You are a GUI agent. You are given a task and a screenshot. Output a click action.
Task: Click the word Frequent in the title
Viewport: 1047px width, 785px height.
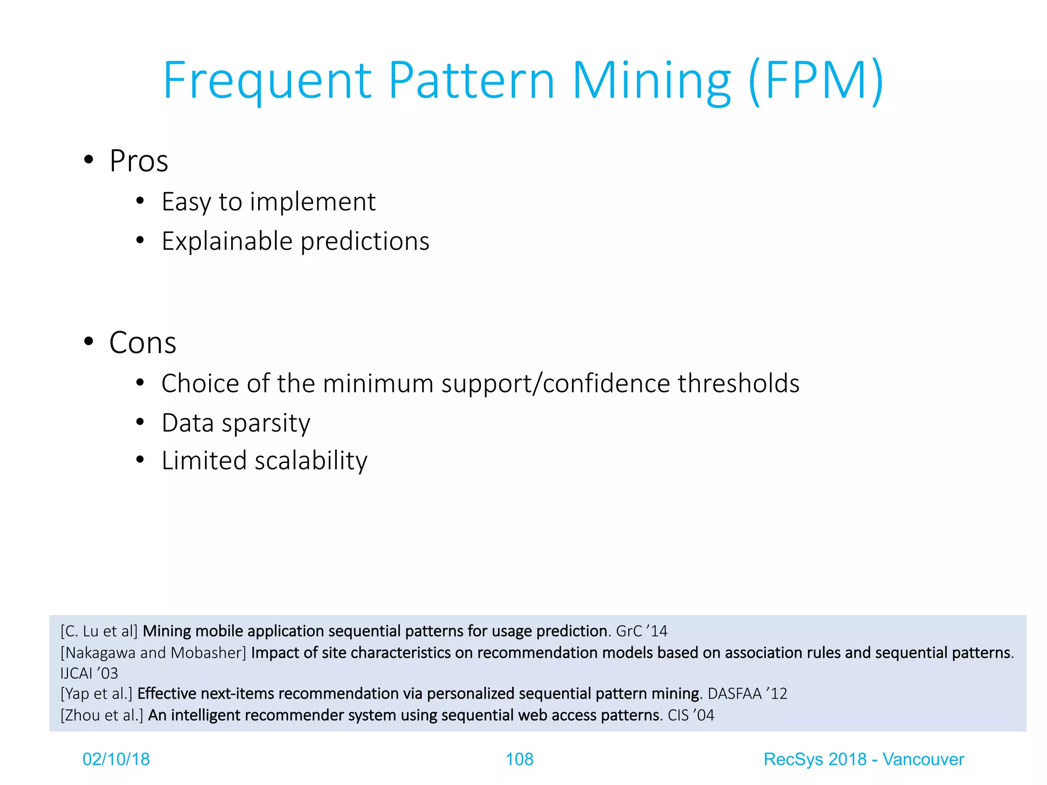click(x=267, y=81)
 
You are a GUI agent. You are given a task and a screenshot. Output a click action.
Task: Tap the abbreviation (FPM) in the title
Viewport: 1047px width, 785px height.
click(x=816, y=81)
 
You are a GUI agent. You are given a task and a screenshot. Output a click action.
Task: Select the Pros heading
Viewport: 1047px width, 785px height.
click(x=139, y=161)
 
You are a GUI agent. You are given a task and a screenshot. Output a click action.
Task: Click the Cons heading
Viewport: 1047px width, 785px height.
click(x=143, y=342)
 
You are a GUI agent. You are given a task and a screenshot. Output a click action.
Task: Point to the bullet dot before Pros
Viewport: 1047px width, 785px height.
click(x=89, y=159)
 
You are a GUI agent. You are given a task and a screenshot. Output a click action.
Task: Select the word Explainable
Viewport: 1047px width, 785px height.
click(x=227, y=241)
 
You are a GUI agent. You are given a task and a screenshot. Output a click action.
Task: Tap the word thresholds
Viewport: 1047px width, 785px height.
click(x=738, y=383)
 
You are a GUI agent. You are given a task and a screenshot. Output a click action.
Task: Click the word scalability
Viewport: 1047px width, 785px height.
click(x=311, y=460)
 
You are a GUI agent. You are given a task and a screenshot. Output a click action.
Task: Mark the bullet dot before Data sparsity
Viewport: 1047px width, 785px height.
click(x=141, y=422)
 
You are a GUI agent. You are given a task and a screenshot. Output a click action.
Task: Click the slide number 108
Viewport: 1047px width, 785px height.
click(x=519, y=759)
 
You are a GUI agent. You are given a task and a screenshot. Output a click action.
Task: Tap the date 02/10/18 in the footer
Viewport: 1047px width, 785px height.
click(x=116, y=759)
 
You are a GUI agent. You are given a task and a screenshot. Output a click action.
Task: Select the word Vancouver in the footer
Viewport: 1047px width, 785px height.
click(x=923, y=759)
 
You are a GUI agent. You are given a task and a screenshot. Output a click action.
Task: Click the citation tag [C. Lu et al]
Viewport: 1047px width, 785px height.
click(x=99, y=631)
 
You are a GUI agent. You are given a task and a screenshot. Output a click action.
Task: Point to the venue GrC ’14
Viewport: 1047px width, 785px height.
click(x=641, y=631)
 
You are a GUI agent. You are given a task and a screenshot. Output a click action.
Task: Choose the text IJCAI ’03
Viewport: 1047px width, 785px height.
click(x=89, y=673)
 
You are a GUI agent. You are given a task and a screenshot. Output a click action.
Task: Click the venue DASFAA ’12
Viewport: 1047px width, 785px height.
click(x=747, y=694)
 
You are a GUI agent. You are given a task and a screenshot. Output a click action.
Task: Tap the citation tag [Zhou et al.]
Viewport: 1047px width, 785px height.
click(x=102, y=715)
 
